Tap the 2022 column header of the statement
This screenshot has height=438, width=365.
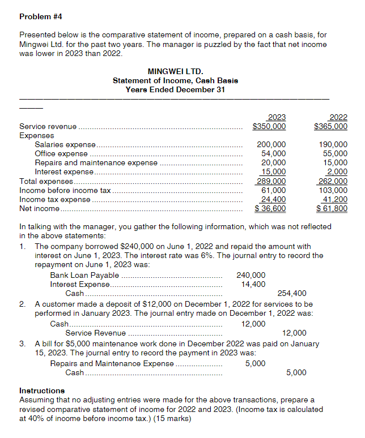[x=338, y=117]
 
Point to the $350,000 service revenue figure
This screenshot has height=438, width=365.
[x=269, y=127]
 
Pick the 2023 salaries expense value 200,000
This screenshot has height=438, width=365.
[x=271, y=145]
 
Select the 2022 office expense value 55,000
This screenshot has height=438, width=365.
[x=335, y=153]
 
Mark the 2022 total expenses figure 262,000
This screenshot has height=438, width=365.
[x=333, y=181]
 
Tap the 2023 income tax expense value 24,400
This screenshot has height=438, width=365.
[x=273, y=199]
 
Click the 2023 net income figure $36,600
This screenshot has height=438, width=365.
[x=270, y=208]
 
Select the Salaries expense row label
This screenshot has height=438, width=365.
[x=65, y=145]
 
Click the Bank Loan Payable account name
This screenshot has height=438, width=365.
[x=84, y=276]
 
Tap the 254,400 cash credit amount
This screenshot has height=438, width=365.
[x=291, y=293]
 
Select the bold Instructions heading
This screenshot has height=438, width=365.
[x=42, y=390]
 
